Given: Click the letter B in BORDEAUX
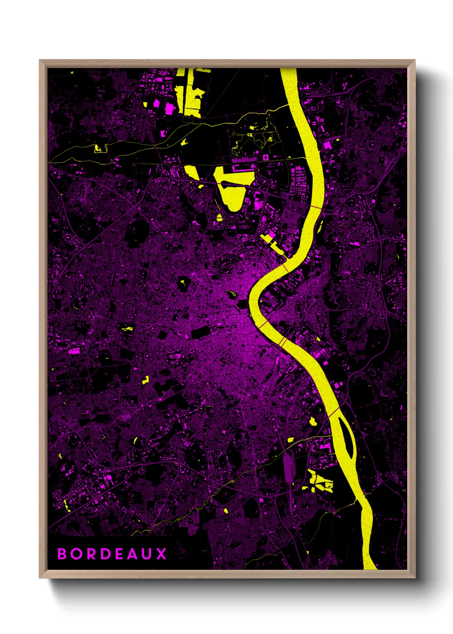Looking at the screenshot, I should pos(63,553).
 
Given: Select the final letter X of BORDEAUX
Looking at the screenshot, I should pos(161,553).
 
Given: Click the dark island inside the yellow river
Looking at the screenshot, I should pos(347,437).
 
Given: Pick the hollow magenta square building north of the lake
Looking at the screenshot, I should pos(266,158).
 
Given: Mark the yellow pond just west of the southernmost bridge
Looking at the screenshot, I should pos(313,422).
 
